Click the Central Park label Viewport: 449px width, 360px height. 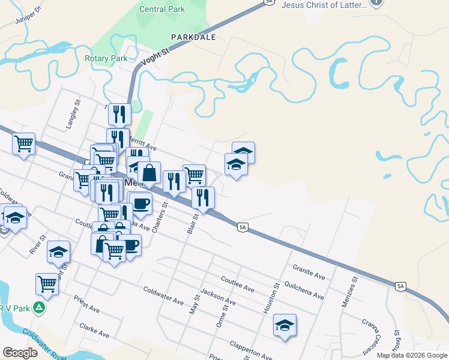pyautogui.click(x=162, y=9)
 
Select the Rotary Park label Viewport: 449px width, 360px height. pyautogui.click(x=106, y=58)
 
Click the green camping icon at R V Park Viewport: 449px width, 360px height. pyautogui.click(x=39, y=307)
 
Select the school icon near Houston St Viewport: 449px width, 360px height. pyautogui.click(x=285, y=325)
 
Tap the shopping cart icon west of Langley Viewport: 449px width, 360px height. pyautogui.click(x=23, y=143)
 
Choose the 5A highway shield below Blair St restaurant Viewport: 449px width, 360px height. pyautogui.click(x=243, y=227)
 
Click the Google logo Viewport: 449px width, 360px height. pyautogui.click(x=20, y=353)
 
